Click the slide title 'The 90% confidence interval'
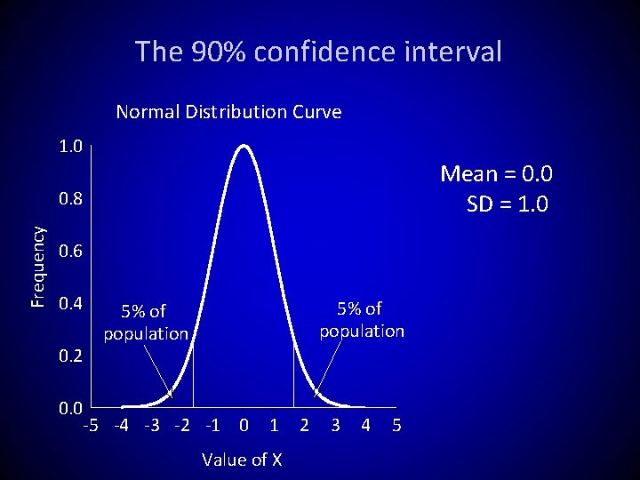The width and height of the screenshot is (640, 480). pos(318,52)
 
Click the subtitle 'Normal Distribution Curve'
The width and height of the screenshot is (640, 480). pos(228,112)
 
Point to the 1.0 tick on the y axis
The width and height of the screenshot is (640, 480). pos(70,146)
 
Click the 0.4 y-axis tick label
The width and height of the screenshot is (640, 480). pos(70,304)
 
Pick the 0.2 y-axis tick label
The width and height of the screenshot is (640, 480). pos(70,356)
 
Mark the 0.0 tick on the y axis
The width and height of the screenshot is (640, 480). pos(70,409)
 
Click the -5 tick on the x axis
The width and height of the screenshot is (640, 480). pos(90,425)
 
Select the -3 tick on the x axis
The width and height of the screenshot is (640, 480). pos(151,425)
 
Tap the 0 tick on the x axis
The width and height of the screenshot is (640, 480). pos(244,425)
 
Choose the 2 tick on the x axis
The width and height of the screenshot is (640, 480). pos(304,425)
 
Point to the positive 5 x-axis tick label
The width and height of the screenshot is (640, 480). pos(396,425)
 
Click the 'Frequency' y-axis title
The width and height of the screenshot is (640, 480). pos(38,266)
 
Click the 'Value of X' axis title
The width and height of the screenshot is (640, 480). pos(242,460)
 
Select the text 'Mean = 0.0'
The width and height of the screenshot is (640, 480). pos(496,173)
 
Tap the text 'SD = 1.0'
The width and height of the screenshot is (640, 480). pos(508,204)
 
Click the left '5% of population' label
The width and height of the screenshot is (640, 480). pos(146,323)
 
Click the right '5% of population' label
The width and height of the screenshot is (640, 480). pos(362,320)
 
